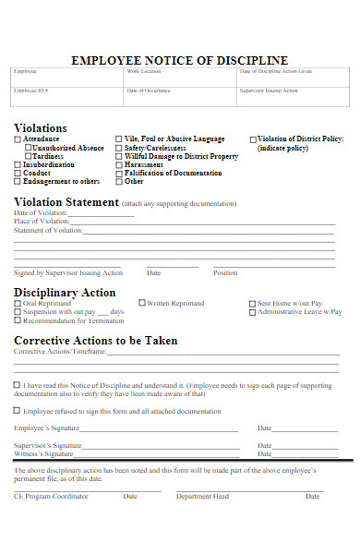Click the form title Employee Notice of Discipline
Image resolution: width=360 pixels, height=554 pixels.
coord(179,60)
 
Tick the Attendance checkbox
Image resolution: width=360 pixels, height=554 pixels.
coord(18,139)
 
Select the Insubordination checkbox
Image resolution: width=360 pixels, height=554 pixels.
coord(18,164)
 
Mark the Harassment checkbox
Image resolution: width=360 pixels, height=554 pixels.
coord(118,164)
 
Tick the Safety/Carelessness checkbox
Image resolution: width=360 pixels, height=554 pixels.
coord(118,148)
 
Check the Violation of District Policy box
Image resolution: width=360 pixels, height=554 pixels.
coord(252,139)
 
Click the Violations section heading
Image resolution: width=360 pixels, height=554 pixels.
coord(41,127)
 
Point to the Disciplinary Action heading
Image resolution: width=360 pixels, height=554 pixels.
coord(65,293)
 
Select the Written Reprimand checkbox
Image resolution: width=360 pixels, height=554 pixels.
coord(142,303)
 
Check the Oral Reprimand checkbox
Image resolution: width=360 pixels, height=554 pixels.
coord(18,304)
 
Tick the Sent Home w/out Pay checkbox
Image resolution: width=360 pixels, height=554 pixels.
coord(252,304)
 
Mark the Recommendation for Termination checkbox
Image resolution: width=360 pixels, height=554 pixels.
coord(18,320)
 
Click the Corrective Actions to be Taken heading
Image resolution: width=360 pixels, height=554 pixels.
coord(96,340)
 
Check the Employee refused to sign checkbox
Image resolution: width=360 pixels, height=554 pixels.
coord(18,411)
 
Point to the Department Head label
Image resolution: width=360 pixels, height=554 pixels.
coord(202,496)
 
